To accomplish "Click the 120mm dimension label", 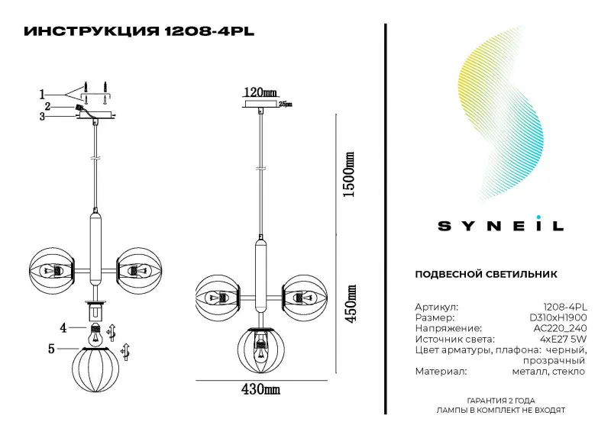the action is tap(260, 92).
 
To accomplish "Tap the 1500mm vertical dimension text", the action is tap(349, 175).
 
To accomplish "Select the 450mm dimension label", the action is tap(351, 304).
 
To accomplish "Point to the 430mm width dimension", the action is tap(260, 389).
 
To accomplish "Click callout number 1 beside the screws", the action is tap(42, 95).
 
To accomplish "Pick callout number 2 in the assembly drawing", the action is tap(48, 106).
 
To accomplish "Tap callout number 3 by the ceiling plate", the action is tap(42, 117).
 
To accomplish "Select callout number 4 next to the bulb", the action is tap(63, 328).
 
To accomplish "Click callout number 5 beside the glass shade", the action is tap(51, 349).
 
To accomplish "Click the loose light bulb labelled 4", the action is tap(95, 334).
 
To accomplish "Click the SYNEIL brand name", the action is tap(501, 226).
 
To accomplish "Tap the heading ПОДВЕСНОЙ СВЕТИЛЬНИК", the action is tap(486, 274).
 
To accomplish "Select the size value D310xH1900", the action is tap(558, 317).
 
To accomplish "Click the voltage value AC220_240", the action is tap(560, 328).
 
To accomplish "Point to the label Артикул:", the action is tap(436, 308).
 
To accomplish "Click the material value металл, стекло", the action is tap(548, 372).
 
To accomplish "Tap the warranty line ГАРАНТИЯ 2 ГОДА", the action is tap(501, 401).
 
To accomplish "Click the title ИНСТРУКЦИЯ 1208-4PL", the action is tap(139, 31).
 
